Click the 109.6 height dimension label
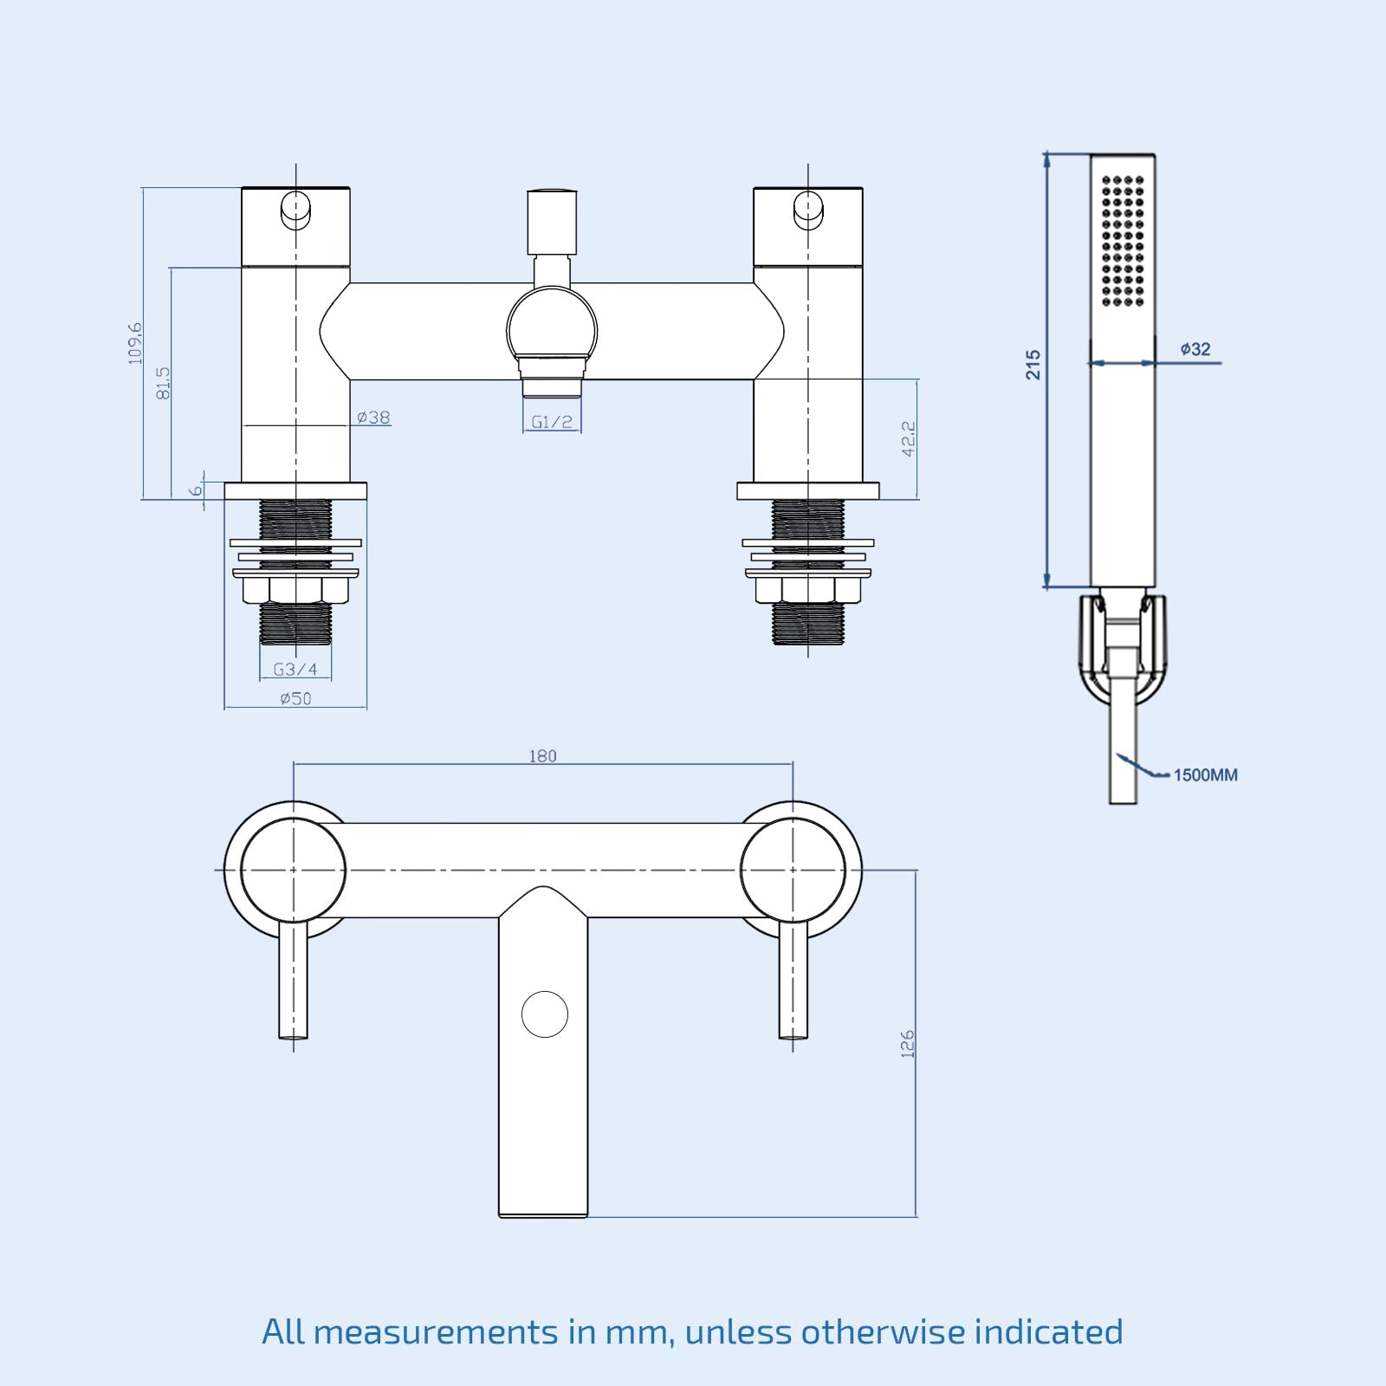click(x=135, y=343)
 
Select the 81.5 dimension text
click(x=163, y=383)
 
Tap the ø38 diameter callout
click(x=373, y=418)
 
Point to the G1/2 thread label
click(x=552, y=422)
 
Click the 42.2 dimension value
click(x=908, y=439)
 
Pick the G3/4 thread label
click(x=295, y=670)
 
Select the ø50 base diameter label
click(x=295, y=698)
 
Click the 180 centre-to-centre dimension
click(x=542, y=756)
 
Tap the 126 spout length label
click(x=907, y=1044)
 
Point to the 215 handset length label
click(x=1033, y=365)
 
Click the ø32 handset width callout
click(x=1195, y=349)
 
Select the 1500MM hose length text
click(x=1205, y=775)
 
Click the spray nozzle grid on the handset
click(x=1123, y=241)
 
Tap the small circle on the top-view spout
click(x=545, y=1014)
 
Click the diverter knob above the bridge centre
click(x=552, y=222)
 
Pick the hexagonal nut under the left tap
click(x=295, y=590)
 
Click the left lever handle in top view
click(x=293, y=979)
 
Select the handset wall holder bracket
click(x=1123, y=645)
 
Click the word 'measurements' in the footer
click(x=436, y=1332)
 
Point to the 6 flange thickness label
click(x=196, y=490)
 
